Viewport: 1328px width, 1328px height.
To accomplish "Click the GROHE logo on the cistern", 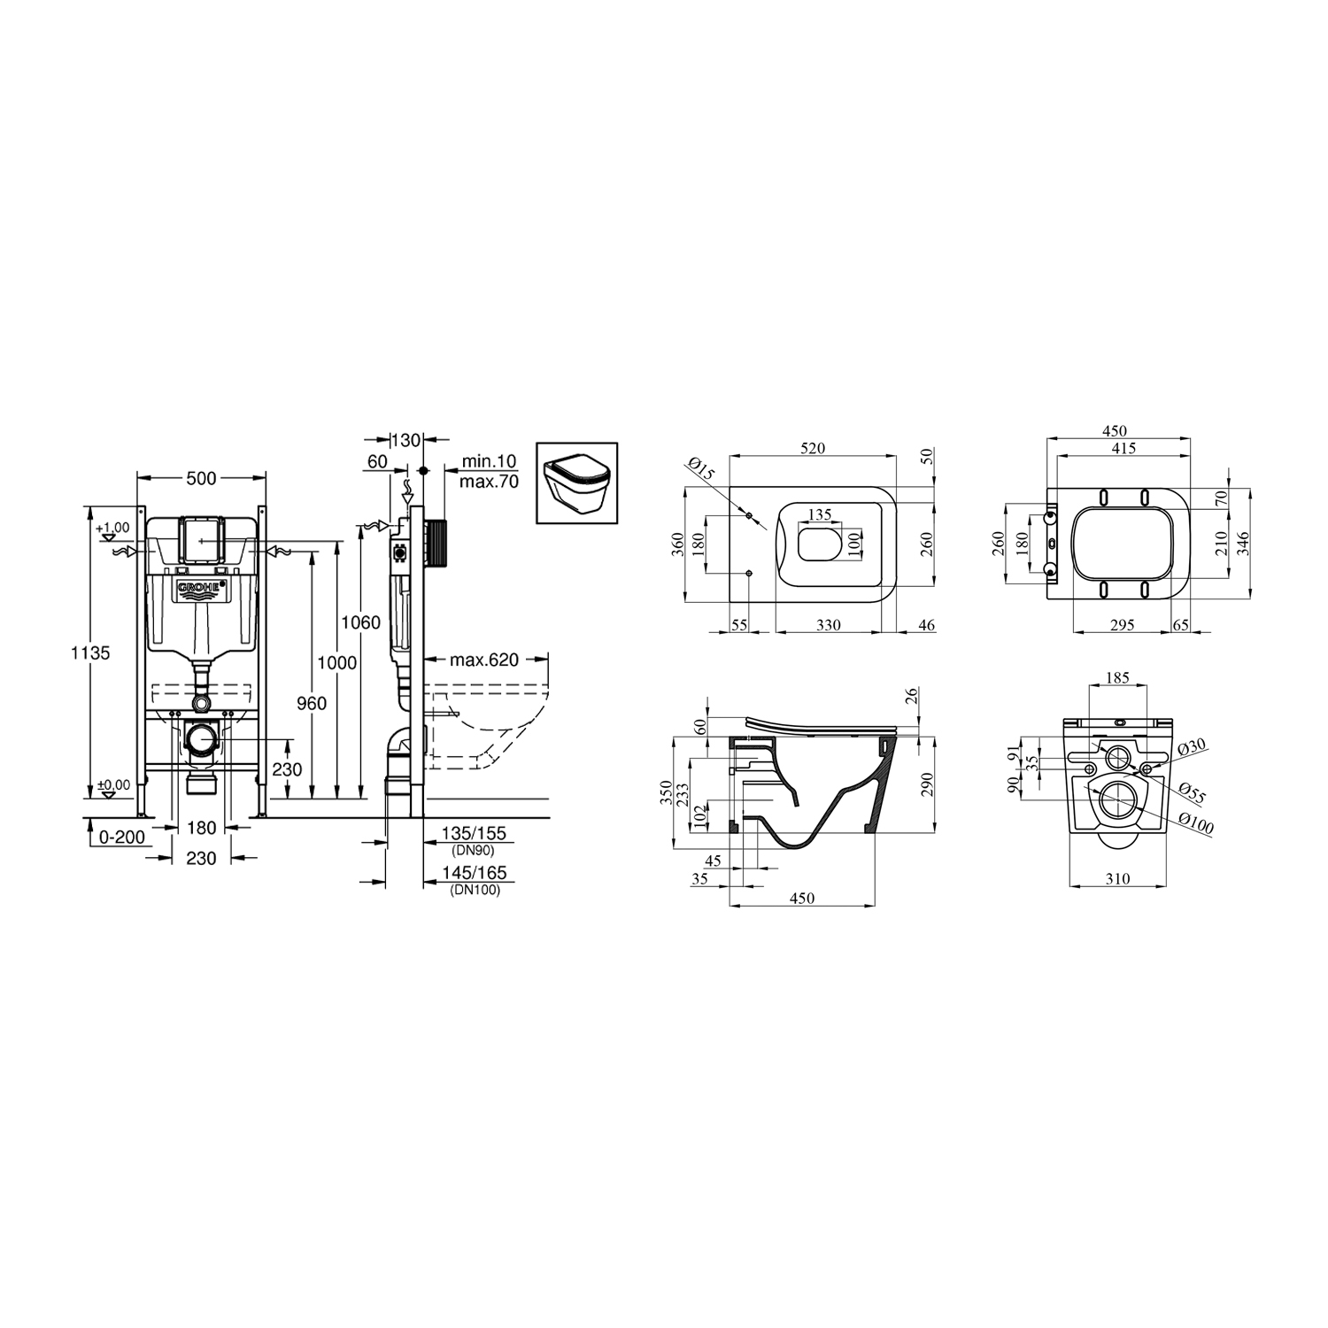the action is click(x=201, y=591).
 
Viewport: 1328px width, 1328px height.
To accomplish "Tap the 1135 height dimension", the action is click(x=91, y=653).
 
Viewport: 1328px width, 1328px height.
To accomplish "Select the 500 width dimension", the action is click(x=202, y=479).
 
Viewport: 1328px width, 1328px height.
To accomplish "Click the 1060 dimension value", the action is click(x=361, y=622).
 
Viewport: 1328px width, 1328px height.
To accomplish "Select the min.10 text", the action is click(x=489, y=463).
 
